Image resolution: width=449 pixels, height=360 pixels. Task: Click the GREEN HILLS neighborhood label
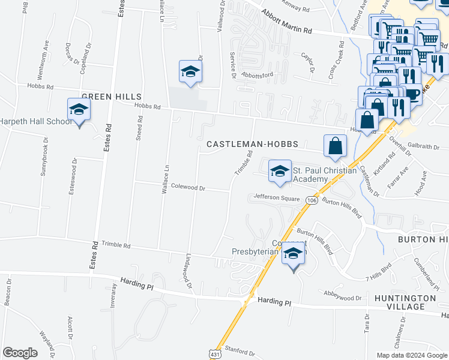click(x=111, y=97)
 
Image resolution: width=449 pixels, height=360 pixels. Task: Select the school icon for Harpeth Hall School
click(x=78, y=110)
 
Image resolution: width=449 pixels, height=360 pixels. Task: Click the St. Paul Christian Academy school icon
click(x=279, y=172)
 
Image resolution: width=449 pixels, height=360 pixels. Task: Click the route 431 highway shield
click(x=215, y=355)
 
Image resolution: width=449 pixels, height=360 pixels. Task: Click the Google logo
click(x=19, y=353)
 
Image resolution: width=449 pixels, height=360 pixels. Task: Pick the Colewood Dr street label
click(x=188, y=188)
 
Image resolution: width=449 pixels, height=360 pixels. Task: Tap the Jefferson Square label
click(x=276, y=196)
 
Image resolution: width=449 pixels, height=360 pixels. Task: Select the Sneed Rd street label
click(x=139, y=133)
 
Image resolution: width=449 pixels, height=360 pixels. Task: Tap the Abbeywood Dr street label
click(x=342, y=297)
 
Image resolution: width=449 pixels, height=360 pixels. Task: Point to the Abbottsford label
click(x=257, y=74)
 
